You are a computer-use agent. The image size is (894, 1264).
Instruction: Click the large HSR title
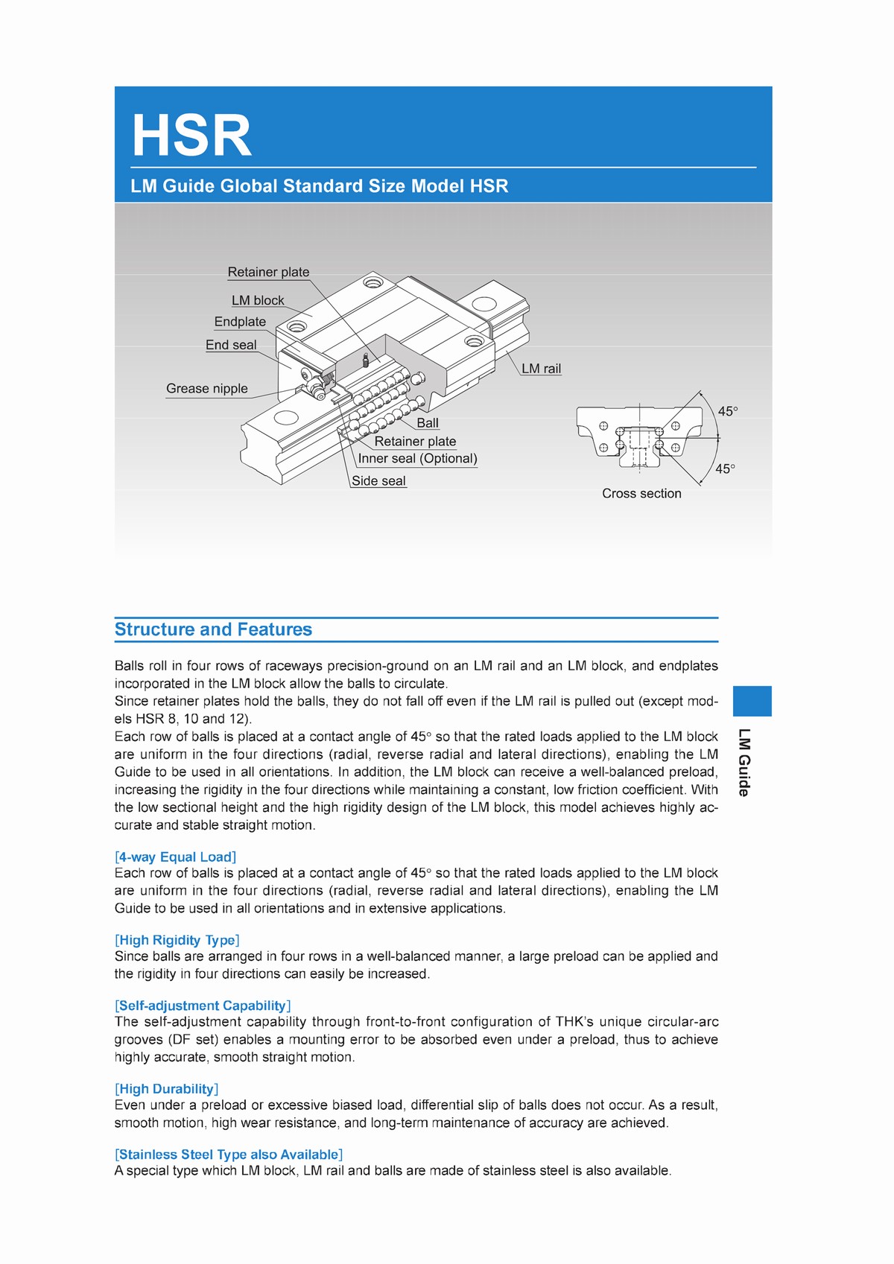[192, 136]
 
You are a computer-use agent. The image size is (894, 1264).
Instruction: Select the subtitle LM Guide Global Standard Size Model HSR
[319, 186]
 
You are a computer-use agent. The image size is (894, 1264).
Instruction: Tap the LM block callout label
[258, 301]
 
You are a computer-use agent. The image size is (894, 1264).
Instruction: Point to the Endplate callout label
[240, 322]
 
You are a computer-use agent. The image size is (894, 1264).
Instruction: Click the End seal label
[231, 345]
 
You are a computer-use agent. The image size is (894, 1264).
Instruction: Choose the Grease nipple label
[207, 389]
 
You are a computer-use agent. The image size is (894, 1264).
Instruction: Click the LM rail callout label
[541, 369]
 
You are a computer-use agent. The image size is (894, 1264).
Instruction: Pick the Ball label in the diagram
[428, 423]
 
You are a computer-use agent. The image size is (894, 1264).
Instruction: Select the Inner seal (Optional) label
[417, 459]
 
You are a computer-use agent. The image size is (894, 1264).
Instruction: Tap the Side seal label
[378, 481]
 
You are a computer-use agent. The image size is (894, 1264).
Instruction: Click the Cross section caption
[641, 494]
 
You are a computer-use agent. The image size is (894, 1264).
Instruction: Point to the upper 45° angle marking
[728, 411]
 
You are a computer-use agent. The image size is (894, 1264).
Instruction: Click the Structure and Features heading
[214, 629]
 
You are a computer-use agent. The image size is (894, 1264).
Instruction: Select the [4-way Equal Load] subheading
[176, 857]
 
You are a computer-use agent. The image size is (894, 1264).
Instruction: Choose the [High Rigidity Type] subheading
[177, 941]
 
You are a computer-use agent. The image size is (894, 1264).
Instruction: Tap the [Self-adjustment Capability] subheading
[203, 1006]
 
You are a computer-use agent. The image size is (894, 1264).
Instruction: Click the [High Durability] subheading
[167, 1090]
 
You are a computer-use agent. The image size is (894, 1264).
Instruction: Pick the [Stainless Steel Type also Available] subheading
[229, 1155]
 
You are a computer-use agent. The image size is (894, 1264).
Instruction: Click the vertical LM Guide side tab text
[744, 763]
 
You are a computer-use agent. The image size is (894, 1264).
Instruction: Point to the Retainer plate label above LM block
[268, 273]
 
